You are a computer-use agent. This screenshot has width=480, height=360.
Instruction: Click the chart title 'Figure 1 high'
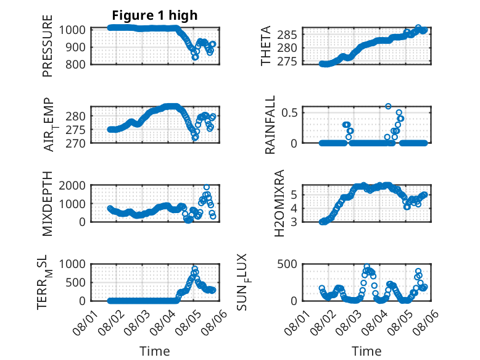[x=155, y=15]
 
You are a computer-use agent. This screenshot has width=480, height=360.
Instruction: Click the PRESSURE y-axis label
[x=48, y=46]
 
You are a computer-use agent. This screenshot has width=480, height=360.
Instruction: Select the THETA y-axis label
[x=266, y=46]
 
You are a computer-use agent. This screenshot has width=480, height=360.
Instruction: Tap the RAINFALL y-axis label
[x=270, y=125]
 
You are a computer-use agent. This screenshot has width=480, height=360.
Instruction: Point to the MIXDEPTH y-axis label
[x=48, y=204]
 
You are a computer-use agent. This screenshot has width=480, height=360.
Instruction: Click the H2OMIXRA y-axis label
[x=279, y=203]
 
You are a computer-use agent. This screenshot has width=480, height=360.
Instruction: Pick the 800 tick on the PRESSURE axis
[x=75, y=65]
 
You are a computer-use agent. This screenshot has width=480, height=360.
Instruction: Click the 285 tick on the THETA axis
[x=287, y=35]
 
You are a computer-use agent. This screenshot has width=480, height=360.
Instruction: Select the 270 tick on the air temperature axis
[x=75, y=143]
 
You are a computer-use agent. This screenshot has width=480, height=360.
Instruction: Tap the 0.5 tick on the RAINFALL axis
[x=289, y=112]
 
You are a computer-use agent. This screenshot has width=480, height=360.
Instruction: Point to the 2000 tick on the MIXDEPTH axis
[x=72, y=185]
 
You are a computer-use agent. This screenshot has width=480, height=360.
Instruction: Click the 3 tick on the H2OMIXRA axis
[x=294, y=222]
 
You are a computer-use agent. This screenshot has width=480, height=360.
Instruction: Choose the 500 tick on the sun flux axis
[x=287, y=264]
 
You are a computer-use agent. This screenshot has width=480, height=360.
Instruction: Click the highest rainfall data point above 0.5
[x=388, y=106]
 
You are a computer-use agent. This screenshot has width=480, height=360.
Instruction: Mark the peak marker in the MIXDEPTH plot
[x=207, y=187]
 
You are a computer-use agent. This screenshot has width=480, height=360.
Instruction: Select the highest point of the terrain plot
[x=195, y=269]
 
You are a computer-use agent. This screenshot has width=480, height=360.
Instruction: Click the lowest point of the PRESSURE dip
[x=196, y=57]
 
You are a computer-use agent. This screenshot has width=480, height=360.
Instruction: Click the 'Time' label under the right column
[x=366, y=351]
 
